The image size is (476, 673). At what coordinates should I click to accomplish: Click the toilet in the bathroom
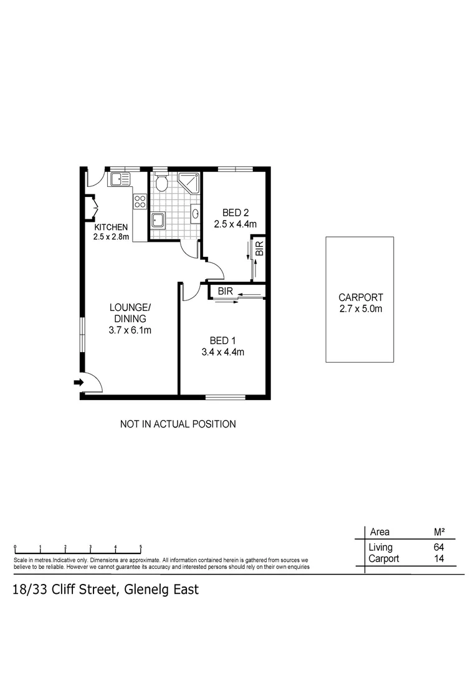coord(161,183)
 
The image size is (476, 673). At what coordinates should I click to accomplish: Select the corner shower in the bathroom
coord(189,182)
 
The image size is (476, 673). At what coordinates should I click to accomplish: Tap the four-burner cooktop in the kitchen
coord(140,201)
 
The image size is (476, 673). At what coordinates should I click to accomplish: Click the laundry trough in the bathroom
coord(158,221)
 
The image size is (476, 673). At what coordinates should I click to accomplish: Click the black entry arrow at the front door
coord(79,382)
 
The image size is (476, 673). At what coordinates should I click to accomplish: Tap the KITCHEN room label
coord(111,227)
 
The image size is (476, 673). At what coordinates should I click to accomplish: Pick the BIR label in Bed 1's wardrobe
coord(225,291)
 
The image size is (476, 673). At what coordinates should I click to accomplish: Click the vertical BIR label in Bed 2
coord(260,248)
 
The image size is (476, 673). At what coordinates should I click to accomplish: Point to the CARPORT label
coord(360,297)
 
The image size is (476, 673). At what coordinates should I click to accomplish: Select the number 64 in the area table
coord(439,547)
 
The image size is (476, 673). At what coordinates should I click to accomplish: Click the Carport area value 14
coord(439,559)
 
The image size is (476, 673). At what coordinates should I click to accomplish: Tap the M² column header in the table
coord(439,532)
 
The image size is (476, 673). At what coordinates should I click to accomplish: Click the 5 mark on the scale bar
coord(141,547)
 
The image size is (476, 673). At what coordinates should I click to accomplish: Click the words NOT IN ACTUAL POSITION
coord(178,424)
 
